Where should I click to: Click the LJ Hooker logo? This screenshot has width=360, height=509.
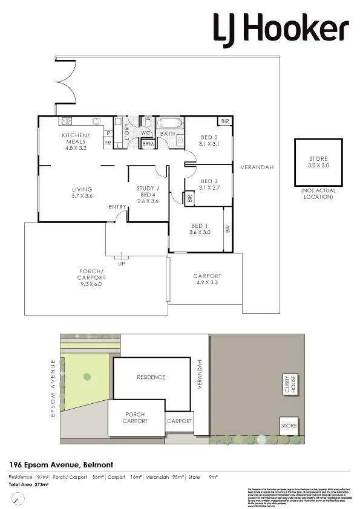pos(280,28)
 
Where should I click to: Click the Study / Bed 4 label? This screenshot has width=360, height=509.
pos(148,194)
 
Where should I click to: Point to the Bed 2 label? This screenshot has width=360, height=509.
pos(209,140)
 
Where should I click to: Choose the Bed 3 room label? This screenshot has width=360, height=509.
pos(209,184)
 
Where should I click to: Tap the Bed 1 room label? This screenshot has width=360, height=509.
pos(199,229)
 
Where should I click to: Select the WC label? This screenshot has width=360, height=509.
pos(146,133)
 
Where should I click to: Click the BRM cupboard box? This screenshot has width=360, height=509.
pos(148,144)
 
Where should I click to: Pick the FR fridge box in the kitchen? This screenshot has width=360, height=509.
pos(108,143)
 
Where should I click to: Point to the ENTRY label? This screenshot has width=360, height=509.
pos(117,207)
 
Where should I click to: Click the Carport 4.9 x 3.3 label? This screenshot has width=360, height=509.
pos(208,279)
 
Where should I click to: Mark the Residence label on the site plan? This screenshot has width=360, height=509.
pos(151,377)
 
